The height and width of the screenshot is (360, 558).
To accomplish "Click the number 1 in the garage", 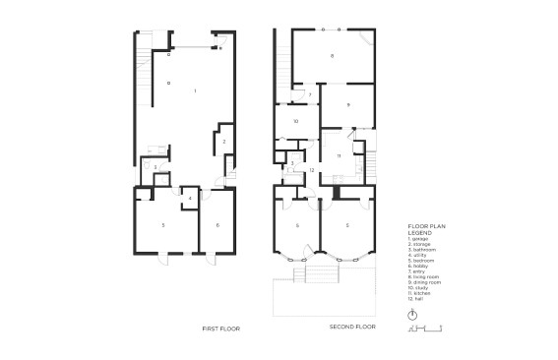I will click(196, 90).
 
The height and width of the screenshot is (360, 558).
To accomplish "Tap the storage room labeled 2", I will click(224, 143).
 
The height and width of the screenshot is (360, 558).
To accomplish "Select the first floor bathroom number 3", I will click(155, 168).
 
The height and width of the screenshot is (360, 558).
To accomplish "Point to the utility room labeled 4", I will click(190, 199).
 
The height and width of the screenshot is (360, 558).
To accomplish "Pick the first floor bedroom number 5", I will click(163, 225).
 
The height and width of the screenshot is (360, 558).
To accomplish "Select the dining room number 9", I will click(347, 103).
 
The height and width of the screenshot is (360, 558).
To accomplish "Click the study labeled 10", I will click(295, 121).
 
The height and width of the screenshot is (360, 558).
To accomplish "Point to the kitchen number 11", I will click(339, 155).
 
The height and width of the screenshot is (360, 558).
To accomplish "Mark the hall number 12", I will click(312, 170).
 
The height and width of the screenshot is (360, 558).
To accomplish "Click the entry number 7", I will click(309, 94).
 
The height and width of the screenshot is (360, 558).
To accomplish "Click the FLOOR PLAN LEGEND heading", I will click(426, 229).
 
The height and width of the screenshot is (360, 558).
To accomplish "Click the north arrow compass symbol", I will click(412, 315).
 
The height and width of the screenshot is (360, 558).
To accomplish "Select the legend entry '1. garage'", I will click(422, 239).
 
